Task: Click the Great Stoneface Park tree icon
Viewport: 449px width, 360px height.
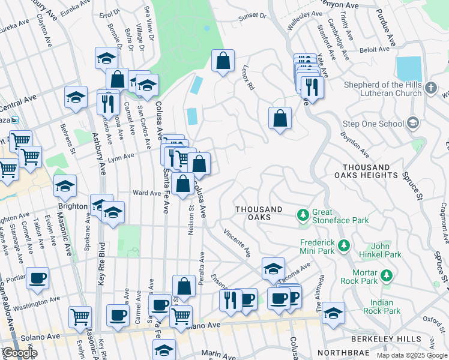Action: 304,214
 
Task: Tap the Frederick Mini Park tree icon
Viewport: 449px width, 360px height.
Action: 343,245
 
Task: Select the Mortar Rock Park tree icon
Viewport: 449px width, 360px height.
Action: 387,275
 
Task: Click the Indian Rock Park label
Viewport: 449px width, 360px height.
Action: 385,307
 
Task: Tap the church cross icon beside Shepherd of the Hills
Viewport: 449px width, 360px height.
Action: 430,89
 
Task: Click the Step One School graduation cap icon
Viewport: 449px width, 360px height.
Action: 412,124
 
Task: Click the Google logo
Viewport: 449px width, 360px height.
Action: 20,353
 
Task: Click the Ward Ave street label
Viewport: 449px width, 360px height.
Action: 146,193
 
